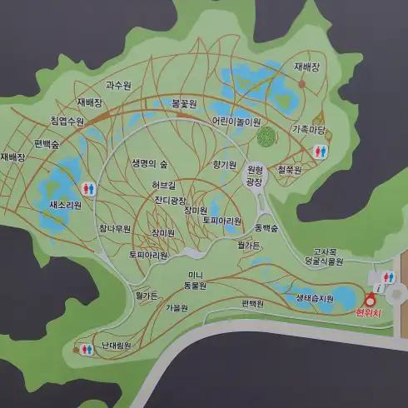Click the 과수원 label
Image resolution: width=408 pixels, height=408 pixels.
(119, 85)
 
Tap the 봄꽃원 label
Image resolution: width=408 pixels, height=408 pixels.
(183, 104)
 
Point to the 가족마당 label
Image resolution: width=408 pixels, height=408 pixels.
(309, 129)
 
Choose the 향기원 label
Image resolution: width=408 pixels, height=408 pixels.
(225, 163)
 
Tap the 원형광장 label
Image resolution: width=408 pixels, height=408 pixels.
(254, 175)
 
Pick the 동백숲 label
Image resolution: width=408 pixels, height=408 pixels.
(266, 226)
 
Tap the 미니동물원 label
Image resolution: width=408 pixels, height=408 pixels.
(195, 280)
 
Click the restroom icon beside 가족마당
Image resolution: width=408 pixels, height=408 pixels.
(321, 152)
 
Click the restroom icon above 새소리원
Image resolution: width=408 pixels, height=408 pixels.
(89, 188)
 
